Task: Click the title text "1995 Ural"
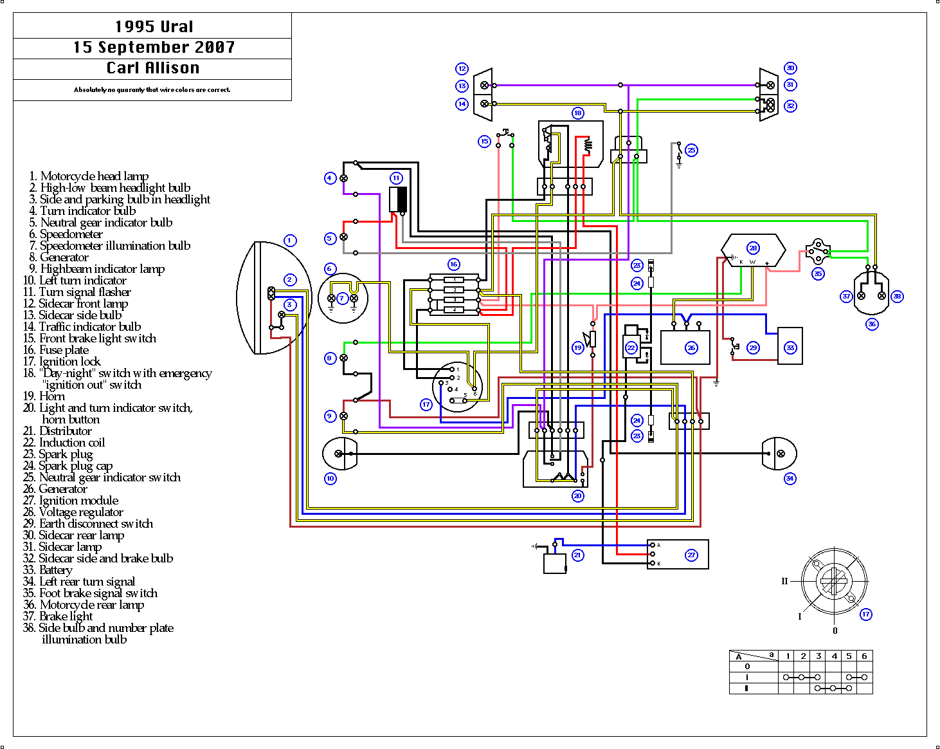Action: (x=154, y=26)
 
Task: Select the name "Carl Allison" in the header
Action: (x=153, y=68)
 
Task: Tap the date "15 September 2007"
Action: (x=154, y=47)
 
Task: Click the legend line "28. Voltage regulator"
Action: (x=73, y=512)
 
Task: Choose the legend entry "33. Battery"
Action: (x=48, y=570)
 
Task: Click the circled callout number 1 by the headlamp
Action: (x=290, y=241)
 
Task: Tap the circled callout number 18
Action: (x=578, y=113)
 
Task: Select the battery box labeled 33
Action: (x=790, y=347)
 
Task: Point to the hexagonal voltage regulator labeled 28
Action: (x=753, y=250)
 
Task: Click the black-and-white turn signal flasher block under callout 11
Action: (x=398, y=199)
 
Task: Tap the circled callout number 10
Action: (x=330, y=478)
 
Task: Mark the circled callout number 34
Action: (x=790, y=478)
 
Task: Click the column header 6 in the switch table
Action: (x=864, y=656)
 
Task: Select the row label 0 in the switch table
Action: (x=747, y=667)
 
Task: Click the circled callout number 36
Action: (x=872, y=324)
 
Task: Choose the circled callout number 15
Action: (x=484, y=141)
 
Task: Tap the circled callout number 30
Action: (x=790, y=68)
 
